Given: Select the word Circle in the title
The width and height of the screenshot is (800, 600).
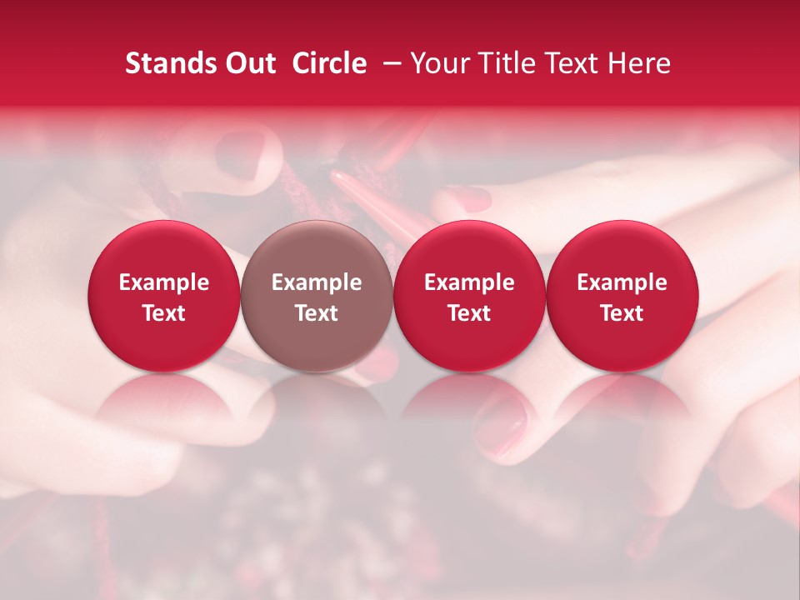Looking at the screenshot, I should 329,63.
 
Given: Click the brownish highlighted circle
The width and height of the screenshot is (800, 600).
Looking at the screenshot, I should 317,296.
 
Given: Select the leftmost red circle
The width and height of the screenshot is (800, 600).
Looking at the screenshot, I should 164,296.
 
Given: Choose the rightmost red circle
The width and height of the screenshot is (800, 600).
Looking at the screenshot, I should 622,296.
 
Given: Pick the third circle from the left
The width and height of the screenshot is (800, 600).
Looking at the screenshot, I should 469,296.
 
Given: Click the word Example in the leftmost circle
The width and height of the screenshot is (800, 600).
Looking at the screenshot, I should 164,282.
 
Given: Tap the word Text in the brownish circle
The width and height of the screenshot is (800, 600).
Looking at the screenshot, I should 317,313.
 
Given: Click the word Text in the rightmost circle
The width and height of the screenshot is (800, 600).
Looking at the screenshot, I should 622,313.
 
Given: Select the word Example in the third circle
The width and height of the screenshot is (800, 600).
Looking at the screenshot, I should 469,282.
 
